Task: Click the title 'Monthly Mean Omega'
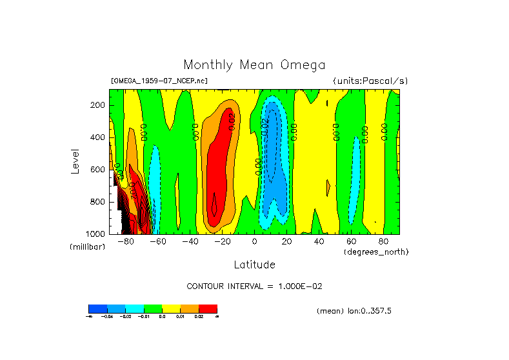(254, 65)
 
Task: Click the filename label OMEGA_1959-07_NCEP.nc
(159, 81)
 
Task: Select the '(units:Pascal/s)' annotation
(370, 81)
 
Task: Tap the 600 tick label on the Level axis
(99, 170)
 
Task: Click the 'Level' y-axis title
(76, 161)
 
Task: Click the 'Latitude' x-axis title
(254, 265)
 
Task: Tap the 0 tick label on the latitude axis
(255, 242)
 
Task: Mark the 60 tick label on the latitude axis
(351, 242)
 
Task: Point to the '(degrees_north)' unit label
(376, 251)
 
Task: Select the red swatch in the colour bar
(208, 308)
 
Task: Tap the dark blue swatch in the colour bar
(97, 308)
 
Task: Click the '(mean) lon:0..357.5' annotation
(354, 311)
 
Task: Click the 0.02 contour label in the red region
(232, 121)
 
